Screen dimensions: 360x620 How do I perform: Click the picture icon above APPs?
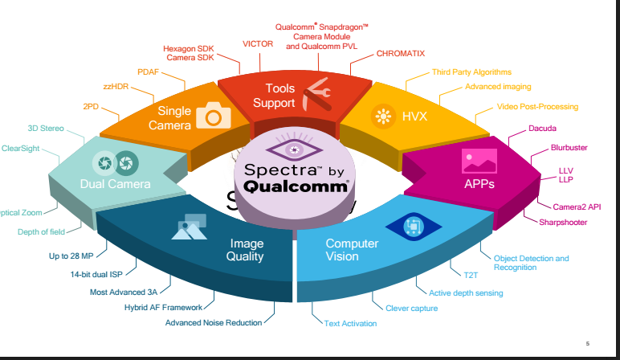tap(479, 162)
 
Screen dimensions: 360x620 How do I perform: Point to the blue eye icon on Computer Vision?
tap(414, 227)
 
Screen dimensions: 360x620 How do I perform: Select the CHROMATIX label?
tap(401, 54)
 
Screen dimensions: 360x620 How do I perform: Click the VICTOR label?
tap(258, 43)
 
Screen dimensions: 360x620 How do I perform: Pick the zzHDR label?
tap(117, 86)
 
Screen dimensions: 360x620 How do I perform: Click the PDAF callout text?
tap(149, 72)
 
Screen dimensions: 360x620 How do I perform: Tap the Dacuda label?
tap(542, 129)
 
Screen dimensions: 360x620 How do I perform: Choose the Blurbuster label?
tap(569, 148)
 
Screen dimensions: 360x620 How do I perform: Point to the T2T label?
tap(470, 275)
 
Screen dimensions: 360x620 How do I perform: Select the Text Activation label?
tap(350, 323)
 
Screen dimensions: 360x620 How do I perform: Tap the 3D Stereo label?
tap(46, 128)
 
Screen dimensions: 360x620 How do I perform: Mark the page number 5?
tap(588, 342)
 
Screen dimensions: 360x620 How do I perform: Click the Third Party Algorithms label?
tap(471, 72)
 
